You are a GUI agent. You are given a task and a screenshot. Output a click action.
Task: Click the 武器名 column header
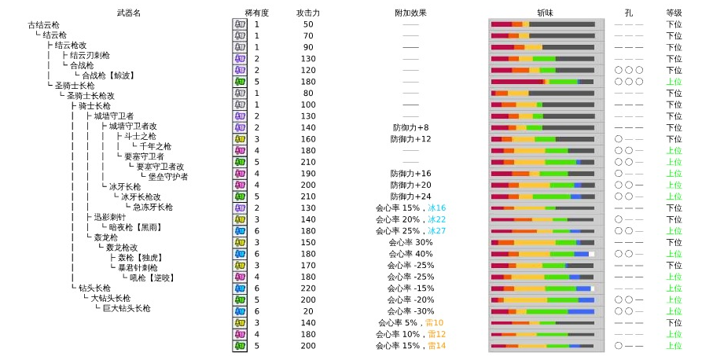coord(128,13)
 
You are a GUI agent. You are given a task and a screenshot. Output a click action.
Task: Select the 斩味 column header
coord(546,13)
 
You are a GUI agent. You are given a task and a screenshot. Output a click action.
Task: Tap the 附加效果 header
coord(410,13)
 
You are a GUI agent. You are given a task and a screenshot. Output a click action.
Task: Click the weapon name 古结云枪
coord(43,24)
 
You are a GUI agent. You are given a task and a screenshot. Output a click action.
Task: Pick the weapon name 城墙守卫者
coord(114,116)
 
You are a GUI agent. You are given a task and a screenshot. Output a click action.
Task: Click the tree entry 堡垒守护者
coord(168,177)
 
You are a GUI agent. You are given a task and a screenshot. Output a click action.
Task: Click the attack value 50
coord(307,24)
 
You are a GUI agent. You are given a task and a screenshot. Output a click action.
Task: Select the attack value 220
coord(307,288)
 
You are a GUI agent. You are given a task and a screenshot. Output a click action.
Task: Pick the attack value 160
coord(307,139)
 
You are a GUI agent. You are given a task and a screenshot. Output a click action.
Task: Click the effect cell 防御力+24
coord(410,197)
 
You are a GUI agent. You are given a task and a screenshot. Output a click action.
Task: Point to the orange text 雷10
coord(434,323)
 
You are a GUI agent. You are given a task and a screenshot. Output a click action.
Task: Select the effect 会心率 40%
coord(410,254)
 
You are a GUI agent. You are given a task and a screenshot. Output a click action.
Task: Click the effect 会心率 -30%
coord(410,311)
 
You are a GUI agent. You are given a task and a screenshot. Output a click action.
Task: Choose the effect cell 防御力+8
coord(410,127)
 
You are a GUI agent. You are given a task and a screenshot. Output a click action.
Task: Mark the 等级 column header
coord(674,13)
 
